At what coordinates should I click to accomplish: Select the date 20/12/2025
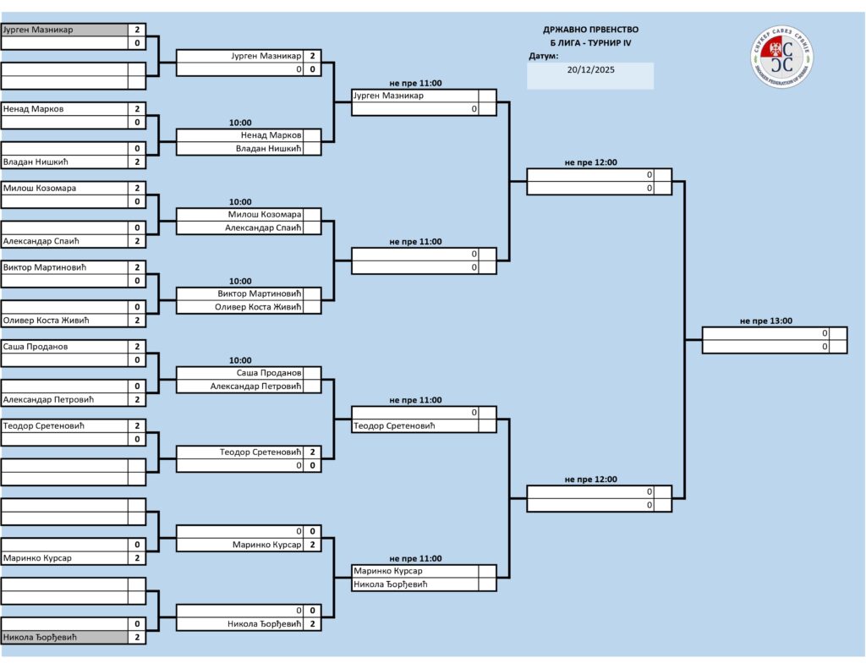pyautogui.click(x=590, y=70)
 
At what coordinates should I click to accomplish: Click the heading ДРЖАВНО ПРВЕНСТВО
pyautogui.click(x=590, y=30)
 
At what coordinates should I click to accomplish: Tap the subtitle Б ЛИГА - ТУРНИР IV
pyautogui.click(x=590, y=43)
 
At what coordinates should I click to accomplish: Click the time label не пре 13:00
pyautogui.click(x=766, y=321)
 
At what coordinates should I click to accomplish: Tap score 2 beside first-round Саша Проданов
pyautogui.click(x=137, y=347)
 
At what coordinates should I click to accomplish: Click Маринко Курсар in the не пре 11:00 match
pyautogui.click(x=390, y=571)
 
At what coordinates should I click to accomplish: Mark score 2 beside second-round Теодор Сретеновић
pyautogui.click(x=313, y=452)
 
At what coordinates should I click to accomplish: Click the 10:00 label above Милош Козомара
pyautogui.click(x=240, y=202)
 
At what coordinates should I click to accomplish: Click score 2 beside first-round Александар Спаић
pyautogui.click(x=137, y=241)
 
